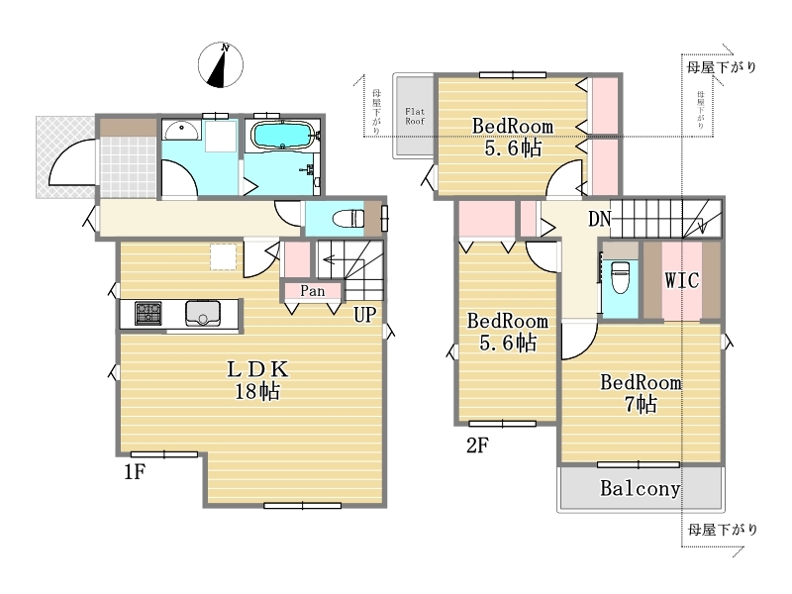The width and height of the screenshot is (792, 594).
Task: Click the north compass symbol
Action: pos(221,65)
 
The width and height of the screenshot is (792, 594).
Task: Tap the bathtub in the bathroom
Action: pos(283,136)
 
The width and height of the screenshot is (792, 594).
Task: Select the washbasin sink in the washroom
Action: pos(181,132)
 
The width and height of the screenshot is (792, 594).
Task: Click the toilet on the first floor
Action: pos(348,219)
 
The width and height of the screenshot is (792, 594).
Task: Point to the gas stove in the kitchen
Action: pos(148,313)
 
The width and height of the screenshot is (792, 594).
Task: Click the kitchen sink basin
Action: pos(203,314)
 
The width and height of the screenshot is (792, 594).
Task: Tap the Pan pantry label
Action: pos(313,291)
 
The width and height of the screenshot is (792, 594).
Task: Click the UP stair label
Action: pos(364,315)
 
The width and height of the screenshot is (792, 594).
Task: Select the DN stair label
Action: pos(600,219)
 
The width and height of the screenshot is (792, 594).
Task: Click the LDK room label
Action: pos(257,369)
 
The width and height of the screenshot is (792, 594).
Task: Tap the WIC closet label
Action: pos(682,280)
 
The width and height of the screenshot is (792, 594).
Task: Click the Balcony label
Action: pos(640,488)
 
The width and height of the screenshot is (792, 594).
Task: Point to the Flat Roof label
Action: pos(415,116)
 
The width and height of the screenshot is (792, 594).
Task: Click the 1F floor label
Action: pos(135,472)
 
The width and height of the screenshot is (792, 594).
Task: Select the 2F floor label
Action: pos(477,445)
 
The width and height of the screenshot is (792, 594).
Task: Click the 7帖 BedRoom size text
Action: pos(641,404)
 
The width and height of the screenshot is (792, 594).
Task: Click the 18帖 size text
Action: pos(257,391)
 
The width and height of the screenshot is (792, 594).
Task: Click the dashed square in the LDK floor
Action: pos(224,256)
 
